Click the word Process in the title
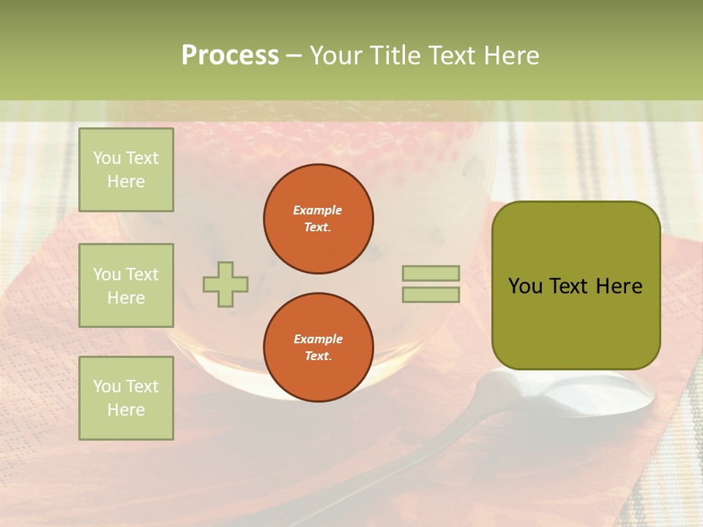230,56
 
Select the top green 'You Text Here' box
126,170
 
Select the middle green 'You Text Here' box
126,285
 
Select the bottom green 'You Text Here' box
126,397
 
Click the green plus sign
226,284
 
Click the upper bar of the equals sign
431,273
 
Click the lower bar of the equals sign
431,295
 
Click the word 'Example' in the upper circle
318,210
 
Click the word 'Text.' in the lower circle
318,356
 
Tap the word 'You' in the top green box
107,158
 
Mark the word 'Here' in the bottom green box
126,410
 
